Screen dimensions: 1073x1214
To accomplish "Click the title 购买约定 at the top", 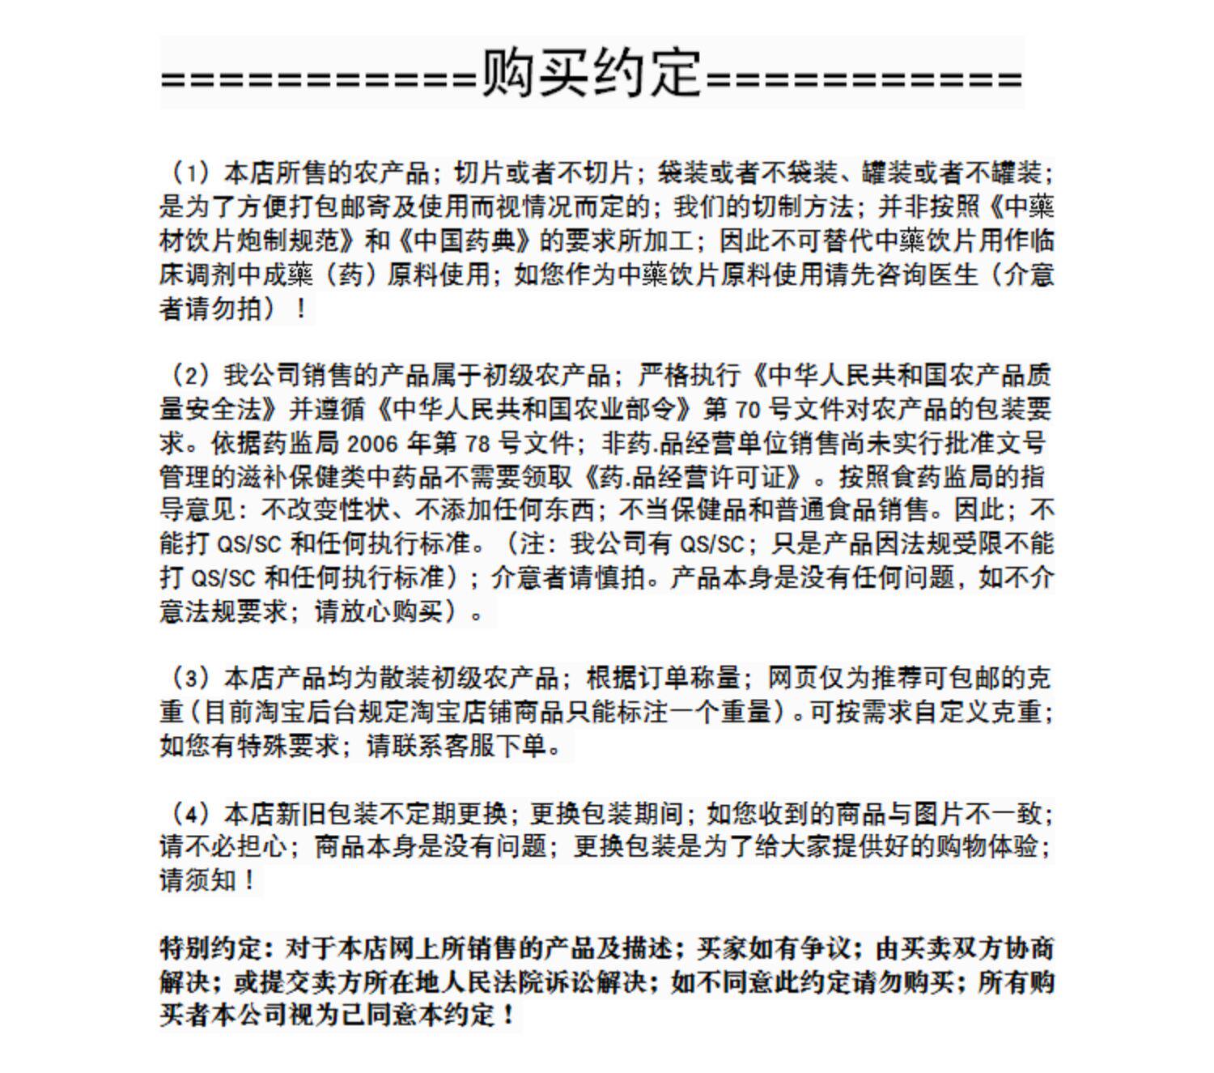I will coord(592,73).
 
